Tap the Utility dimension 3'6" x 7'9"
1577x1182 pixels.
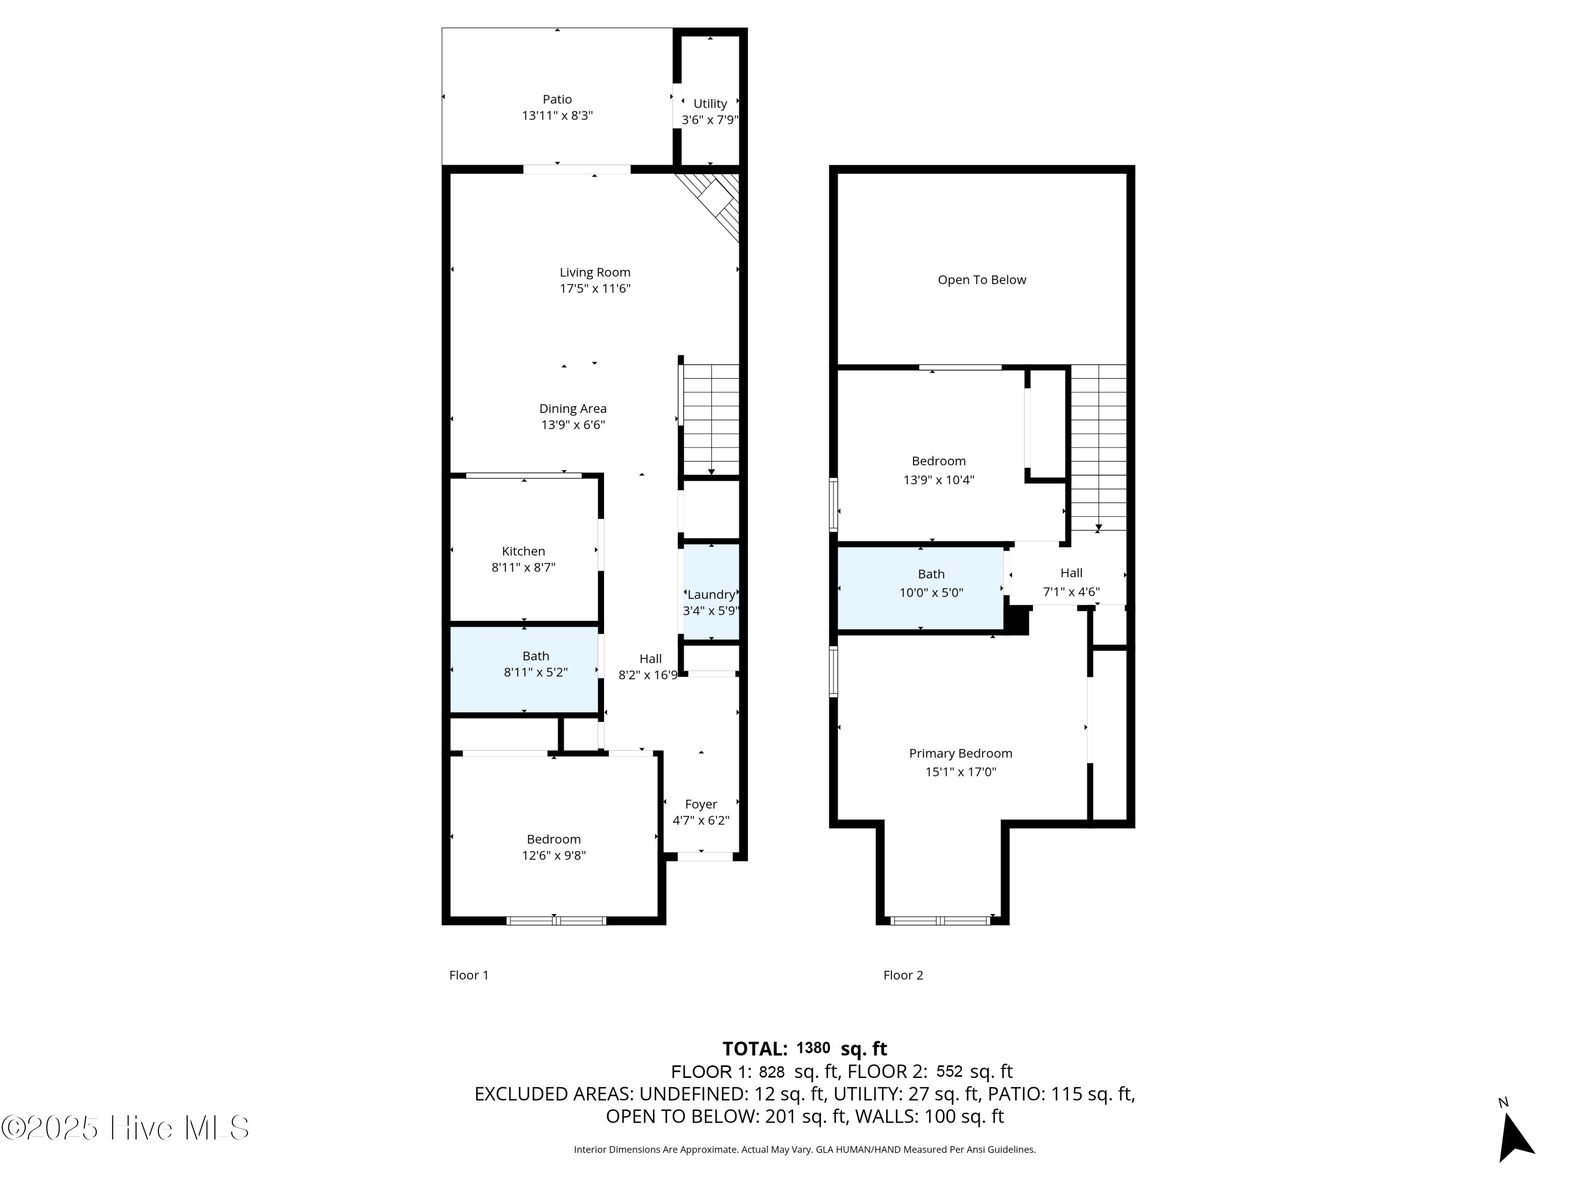[709, 120]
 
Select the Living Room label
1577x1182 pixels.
[595, 272]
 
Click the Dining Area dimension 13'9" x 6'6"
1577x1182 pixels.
[572, 424]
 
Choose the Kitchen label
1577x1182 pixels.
[523, 551]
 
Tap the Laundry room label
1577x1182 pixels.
[711, 594]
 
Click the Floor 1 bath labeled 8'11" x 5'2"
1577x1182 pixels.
[536, 664]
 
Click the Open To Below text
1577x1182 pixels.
[982, 280]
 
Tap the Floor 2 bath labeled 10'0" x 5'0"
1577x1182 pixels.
[931, 583]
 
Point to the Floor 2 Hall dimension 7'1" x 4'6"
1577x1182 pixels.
[1071, 592]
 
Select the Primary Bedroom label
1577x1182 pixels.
[960, 753]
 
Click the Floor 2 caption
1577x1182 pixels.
[903, 974]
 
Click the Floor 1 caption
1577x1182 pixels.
[468, 974]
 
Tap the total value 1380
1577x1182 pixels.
[813, 1048]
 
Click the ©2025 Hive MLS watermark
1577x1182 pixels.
[125, 1128]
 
